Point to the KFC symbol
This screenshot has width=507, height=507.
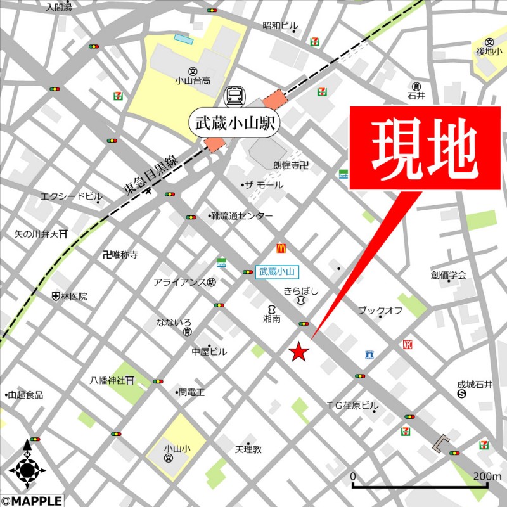pyautogui.click(x=407, y=345)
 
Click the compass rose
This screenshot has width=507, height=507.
pyautogui.click(x=27, y=469)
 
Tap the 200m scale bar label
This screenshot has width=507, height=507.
pyautogui.click(x=487, y=477)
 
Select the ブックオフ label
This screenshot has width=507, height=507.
pyautogui.click(x=380, y=311)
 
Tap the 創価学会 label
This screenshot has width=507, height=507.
pyautogui.click(x=448, y=275)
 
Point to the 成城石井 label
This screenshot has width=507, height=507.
pyautogui.click(x=474, y=384)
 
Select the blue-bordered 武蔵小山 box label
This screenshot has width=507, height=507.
pyautogui.click(x=277, y=272)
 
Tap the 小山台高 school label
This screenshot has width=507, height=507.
pyautogui.click(x=193, y=81)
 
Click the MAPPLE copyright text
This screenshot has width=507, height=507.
pyautogui.click(x=32, y=501)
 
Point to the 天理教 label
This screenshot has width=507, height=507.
pyautogui.click(x=248, y=450)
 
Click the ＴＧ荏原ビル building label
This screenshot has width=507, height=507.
pyautogui.click(x=352, y=406)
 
